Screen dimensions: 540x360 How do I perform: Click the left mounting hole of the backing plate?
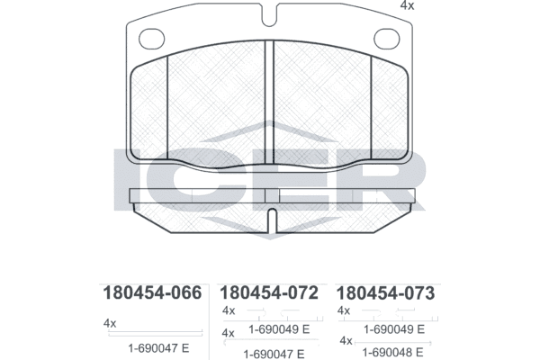151,38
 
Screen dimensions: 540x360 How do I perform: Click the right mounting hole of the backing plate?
387,38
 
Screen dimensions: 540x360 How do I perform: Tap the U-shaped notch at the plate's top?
269,15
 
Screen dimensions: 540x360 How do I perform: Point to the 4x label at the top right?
407,6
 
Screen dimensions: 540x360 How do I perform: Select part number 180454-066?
152,292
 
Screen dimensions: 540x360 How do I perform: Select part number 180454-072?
268,292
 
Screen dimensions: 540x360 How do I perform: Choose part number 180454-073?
385,293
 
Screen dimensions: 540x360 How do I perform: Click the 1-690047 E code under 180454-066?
158,348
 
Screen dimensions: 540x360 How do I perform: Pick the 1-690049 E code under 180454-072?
279,329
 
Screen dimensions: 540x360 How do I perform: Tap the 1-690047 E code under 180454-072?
274,354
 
